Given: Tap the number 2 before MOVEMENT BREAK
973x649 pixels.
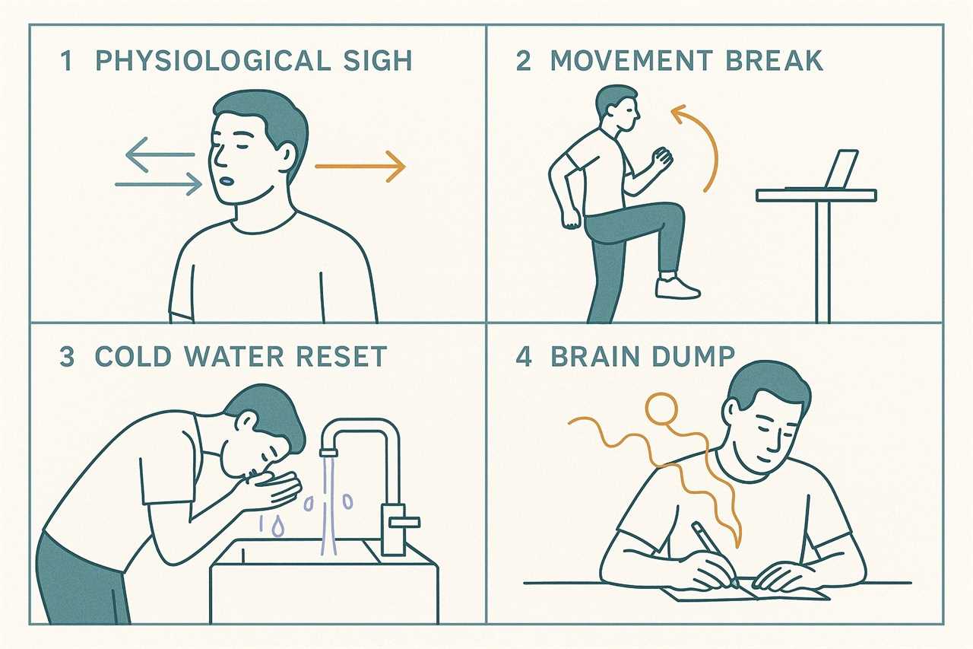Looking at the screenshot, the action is point(524,60).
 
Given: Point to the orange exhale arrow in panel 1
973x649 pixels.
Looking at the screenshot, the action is point(360,167).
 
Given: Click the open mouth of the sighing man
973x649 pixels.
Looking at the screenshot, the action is point(226,180).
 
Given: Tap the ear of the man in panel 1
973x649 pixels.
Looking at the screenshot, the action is point(287,154).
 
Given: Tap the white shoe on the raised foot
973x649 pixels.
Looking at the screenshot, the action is point(677,287).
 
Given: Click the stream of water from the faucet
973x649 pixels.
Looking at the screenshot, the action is point(329,505).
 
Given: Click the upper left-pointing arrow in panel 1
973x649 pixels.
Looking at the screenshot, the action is point(160,154).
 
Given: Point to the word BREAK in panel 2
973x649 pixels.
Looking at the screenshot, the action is point(774,60).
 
